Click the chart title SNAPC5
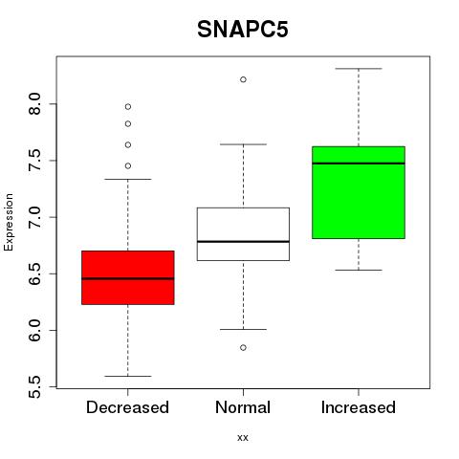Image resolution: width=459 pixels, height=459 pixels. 243,30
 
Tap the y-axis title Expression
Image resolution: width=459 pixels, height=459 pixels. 9,222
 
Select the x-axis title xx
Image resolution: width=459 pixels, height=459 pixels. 243,437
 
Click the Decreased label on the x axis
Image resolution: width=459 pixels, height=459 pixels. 127,407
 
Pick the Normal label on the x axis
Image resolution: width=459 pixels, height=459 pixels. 243,407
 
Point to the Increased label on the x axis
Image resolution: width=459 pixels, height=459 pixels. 359,407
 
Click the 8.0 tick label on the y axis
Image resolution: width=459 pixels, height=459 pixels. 34,104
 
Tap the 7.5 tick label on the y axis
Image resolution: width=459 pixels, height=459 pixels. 34,161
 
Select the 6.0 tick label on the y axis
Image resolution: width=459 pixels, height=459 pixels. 34,330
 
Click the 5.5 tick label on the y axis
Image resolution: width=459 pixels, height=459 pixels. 34,387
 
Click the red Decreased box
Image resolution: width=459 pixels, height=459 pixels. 128,277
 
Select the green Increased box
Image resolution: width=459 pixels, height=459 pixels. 359,192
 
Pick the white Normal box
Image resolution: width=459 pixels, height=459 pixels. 243,234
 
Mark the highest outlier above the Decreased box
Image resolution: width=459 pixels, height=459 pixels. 128,106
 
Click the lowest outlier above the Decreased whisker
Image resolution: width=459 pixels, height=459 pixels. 128,165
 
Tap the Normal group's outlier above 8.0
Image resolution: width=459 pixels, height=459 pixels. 243,79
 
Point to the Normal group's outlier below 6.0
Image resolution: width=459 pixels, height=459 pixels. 243,347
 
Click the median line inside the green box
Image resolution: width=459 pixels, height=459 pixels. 359,164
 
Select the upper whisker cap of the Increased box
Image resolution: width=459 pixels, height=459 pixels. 359,69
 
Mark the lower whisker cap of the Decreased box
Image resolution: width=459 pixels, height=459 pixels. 128,376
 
